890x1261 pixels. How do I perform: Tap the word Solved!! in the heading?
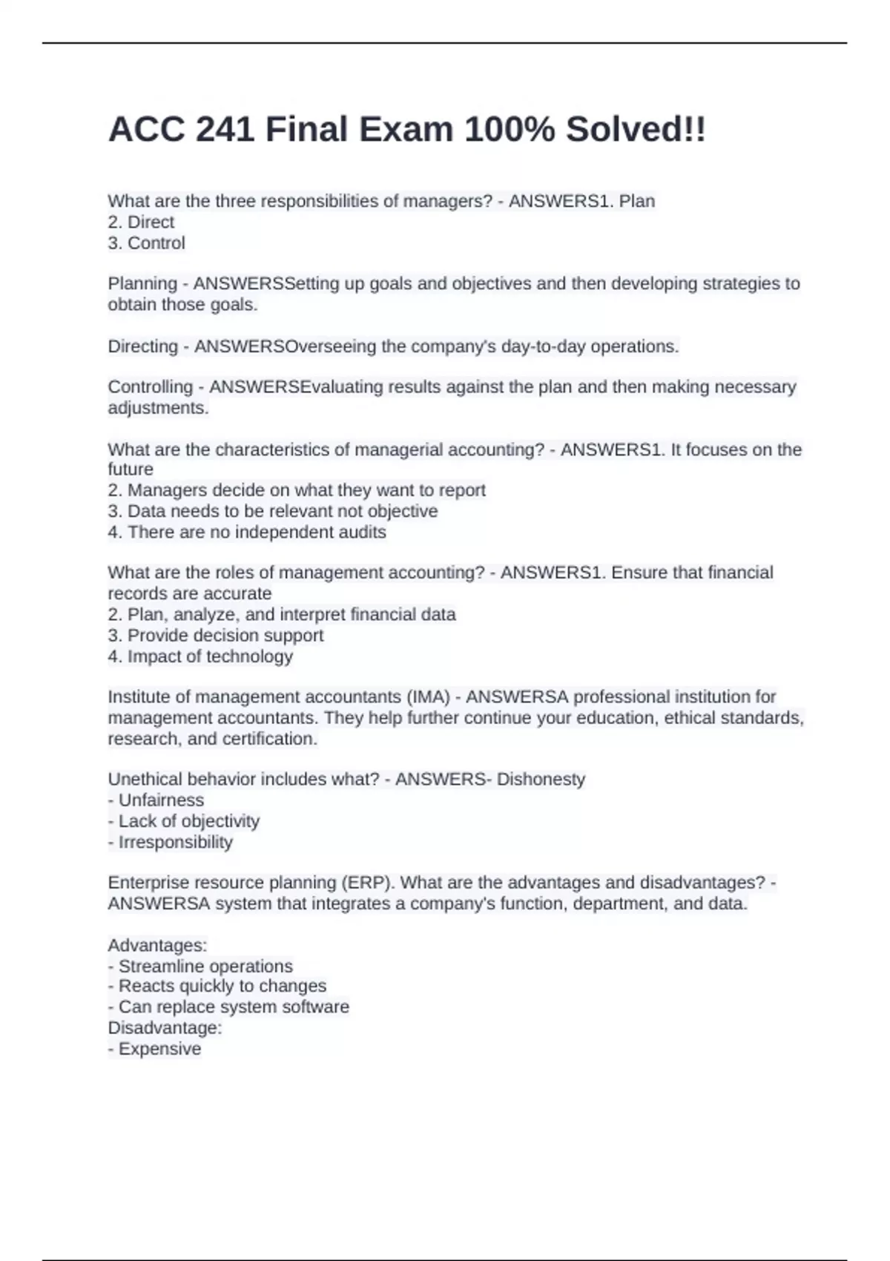click(636, 130)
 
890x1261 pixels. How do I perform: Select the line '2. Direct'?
click(141, 222)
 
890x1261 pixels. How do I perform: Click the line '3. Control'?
click(146, 243)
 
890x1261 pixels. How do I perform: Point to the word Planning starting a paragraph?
click(142, 283)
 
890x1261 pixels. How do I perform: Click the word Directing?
click(142, 346)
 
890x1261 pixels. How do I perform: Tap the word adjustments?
click(158, 408)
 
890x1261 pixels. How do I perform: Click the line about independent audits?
click(247, 532)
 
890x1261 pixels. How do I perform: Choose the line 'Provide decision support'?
click(216, 636)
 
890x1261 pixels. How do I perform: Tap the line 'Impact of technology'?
click(200, 656)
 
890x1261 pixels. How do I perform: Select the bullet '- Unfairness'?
click(156, 800)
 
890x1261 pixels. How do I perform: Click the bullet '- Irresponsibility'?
click(170, 842)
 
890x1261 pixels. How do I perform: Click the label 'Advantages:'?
click(157, 946)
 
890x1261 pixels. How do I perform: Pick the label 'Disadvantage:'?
click(165, 1028)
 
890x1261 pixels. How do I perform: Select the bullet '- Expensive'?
click(154, 1049)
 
